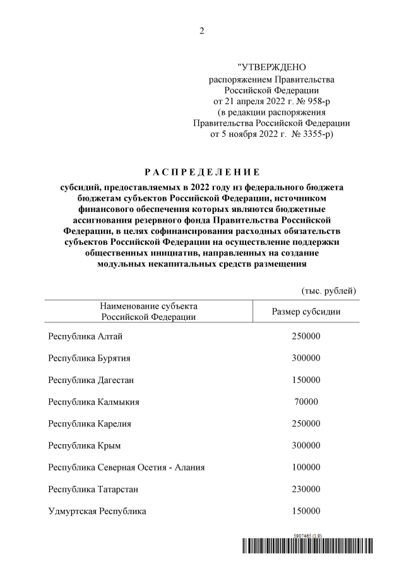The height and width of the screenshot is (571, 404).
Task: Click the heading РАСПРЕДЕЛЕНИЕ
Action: (201, 172)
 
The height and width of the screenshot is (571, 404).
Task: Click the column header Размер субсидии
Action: (306, 312)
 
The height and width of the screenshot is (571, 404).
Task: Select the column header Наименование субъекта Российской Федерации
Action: (148, 312)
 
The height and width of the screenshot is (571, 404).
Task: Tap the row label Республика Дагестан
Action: (91, 380)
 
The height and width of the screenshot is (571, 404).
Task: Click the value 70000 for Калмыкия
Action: (306, 401)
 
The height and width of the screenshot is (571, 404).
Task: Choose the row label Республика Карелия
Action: (90, 423)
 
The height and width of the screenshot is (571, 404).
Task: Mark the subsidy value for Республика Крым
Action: (306, 445)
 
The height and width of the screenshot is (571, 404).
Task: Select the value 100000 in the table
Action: (306, 468)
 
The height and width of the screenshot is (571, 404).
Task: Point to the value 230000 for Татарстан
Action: (306, 489)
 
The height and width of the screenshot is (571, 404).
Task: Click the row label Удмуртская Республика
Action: (97, 511)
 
